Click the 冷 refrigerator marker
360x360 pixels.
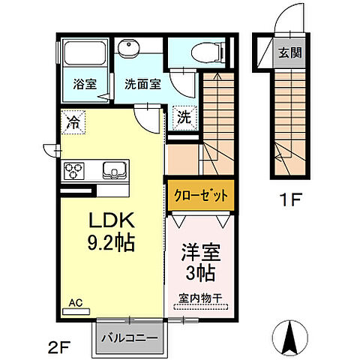(74, 119)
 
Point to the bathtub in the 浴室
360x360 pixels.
(85, 54)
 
